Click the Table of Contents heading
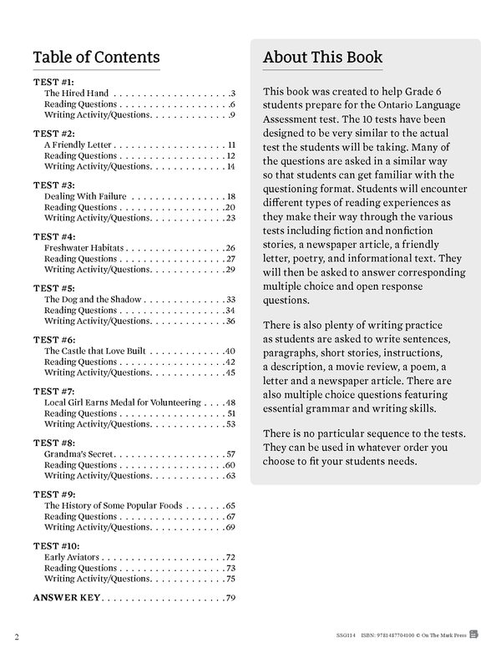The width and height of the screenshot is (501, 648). coord(96,58)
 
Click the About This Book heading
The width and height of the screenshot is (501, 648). coord(322,58)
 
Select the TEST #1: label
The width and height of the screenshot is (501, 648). coord(53,82)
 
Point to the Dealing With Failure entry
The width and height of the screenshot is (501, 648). coord(85,197)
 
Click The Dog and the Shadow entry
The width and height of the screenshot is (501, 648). coord(93,300)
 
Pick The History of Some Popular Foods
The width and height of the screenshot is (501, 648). coord(113,506)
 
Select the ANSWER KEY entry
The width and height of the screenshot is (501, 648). coord(66,598)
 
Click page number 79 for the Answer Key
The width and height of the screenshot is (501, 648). coord(230,598)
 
